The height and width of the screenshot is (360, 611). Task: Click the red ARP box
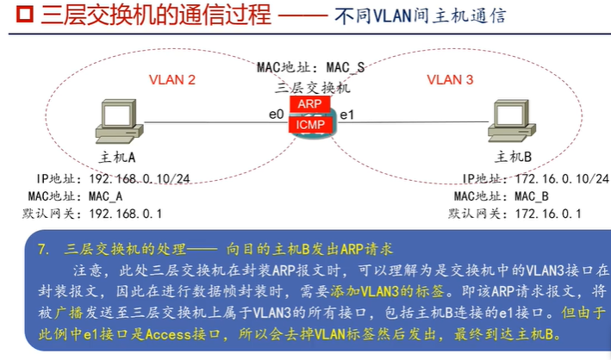[309, 104]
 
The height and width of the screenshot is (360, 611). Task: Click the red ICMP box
[309, 125]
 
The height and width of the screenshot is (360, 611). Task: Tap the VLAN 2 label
[172, 80]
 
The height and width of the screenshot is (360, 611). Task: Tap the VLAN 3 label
[450, 80]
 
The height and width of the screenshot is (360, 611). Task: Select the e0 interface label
[276, 115]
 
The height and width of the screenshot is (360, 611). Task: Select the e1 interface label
[346, 115]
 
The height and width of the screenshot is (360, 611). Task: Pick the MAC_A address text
[112, 196]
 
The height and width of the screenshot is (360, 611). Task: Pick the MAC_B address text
[531, 196]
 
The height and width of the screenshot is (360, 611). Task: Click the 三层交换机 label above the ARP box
[311, 86]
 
